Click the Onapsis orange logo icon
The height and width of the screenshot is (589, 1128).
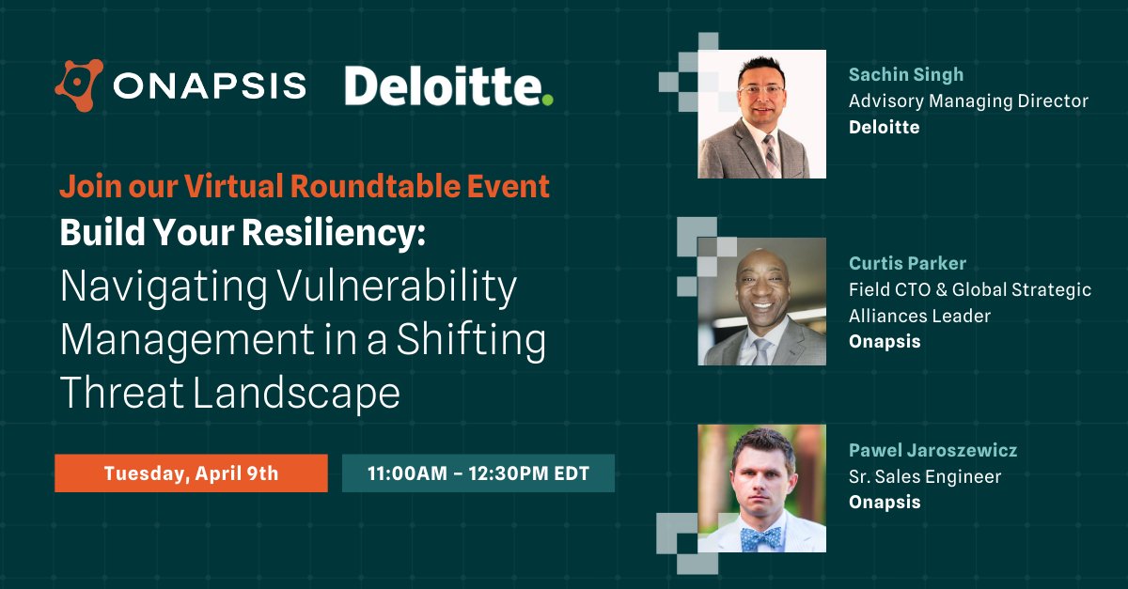78,86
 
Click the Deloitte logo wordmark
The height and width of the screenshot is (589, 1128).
442,87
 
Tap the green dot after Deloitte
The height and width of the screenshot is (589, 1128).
547,99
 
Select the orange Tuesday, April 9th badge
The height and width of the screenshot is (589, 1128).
191,473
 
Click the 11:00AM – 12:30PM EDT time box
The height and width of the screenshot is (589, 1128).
478,473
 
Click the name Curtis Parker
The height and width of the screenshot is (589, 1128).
907,263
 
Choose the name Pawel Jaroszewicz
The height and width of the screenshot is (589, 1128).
932,451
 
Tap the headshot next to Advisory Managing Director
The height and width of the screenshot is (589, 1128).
761,114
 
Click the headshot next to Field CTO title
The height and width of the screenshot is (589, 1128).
761,301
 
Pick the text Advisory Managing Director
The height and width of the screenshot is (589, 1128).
968,101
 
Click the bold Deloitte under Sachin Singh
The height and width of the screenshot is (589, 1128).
884,127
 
